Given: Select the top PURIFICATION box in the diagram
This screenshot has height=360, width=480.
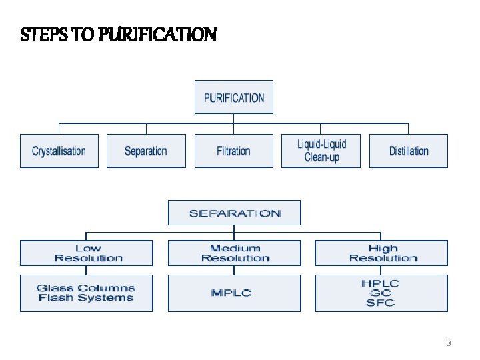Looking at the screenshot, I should (x=234, y=97).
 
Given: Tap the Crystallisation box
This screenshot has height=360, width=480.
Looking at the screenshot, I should (x=59, y=151).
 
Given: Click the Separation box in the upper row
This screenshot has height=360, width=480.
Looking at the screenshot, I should (x=145, y=151).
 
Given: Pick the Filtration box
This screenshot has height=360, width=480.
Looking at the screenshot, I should (x=233, y=151).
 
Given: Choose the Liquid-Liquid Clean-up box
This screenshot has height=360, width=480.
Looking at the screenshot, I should (x=321, y=151).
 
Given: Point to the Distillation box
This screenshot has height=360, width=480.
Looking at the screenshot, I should (x=409, y=151).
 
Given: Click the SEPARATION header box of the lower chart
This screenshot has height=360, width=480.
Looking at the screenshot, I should (x=235, y=213).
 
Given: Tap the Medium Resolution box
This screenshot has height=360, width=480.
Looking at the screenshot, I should (x=235, y=253).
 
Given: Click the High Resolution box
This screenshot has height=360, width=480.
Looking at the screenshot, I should (x=382, y=253).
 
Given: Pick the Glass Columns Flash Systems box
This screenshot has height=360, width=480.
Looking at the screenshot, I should (x=87, y=293).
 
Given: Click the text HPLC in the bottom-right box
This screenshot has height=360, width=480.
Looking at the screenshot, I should (x=381, y=283).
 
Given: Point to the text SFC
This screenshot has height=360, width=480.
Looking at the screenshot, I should (x=381, y=303).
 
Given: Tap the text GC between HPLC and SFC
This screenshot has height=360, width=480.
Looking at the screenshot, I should (x=381, y=293).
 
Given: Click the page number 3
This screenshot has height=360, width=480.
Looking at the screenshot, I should (x=449, y=344).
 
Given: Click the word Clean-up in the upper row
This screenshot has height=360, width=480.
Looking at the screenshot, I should (x=321, y=157).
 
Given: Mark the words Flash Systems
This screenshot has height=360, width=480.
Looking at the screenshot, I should (x=87, y=298).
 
